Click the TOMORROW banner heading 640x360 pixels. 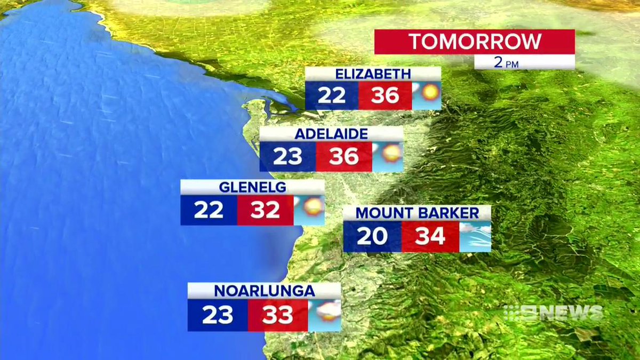pos(475,42)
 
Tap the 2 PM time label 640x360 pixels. pos(506,62)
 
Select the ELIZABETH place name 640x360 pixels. pos(373,74)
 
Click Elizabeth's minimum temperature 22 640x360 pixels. pos(332,95)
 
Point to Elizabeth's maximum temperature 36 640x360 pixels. pos(385,95)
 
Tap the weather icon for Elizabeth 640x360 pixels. pos(427,95)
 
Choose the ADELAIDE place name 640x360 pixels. pos(331,134)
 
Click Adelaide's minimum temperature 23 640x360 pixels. pos(288,156)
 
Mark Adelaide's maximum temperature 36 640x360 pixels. pos(343,156)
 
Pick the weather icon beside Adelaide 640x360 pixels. pos(387,156)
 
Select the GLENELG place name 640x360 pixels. pos(252,187)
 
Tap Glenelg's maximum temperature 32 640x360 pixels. pos(265,210)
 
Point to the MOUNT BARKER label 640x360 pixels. pos(417,213)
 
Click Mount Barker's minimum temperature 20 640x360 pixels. pos(372,236)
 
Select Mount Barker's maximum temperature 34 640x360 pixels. pos(430,236)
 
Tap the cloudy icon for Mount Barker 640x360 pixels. pos(475,236)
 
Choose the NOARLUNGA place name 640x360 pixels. pos(265,291)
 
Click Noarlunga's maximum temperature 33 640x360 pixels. pos(277,315)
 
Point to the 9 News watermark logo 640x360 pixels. pos(553,313)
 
